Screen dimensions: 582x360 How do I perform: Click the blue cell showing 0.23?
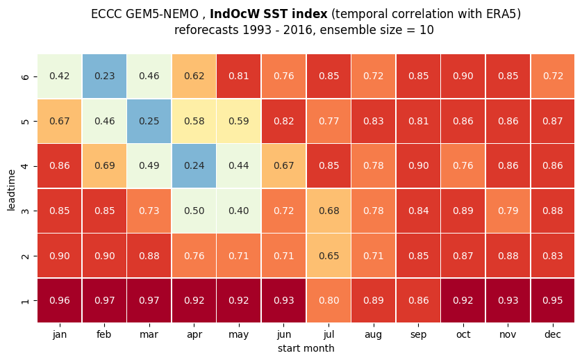click(104, 76)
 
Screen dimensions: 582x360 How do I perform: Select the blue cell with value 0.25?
click(149, 121)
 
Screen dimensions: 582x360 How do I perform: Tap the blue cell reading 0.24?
click(194, 165)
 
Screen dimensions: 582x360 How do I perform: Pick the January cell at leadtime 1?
click(60, 300)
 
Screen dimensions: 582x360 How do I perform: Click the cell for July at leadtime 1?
click(329, 300)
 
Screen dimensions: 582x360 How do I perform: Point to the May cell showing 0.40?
click(239, 211)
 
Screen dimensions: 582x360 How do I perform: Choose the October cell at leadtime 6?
click(463, 76)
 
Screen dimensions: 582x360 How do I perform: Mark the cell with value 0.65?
click(329, 256)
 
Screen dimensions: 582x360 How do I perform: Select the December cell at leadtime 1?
click(553, 300)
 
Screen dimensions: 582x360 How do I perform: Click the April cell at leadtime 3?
click(194, 211)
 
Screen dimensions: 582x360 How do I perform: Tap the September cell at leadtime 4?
click(418, 165)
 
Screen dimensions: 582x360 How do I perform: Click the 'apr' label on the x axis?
click(194, 335)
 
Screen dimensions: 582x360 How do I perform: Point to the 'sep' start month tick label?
click(418, 335)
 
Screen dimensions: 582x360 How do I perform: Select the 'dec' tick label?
click(553, 334)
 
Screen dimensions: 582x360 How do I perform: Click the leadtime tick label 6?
click(25, 76)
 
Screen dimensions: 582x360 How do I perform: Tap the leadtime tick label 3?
click(25, 211)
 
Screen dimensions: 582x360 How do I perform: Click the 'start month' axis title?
click(306, 348)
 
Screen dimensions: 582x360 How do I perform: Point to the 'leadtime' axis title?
click(11, 190)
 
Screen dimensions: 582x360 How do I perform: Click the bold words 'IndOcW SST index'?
click(268, 14)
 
